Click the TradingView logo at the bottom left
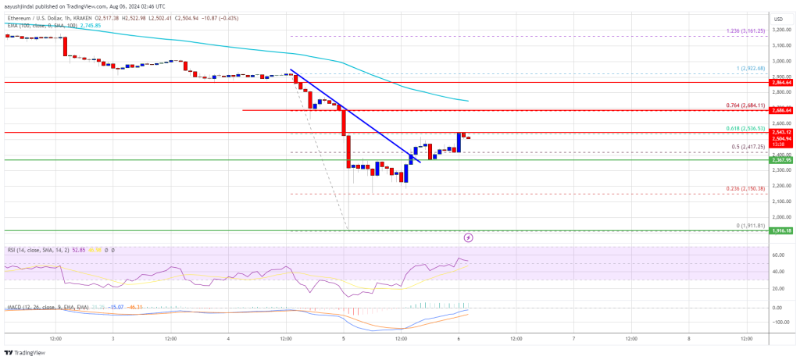(27, 351)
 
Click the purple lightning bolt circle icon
(468, 237)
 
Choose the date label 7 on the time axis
(573, 339)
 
